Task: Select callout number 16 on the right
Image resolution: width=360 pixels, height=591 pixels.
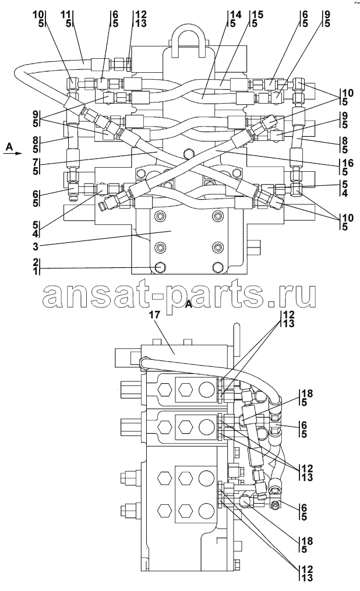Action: [x=348, y=163]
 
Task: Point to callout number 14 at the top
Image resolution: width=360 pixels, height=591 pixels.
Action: [x=235, y=15]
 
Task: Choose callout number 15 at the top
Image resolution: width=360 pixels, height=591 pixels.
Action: [x=258, y=15]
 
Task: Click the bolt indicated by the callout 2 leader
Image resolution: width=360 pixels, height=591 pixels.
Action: [x=160, y=267]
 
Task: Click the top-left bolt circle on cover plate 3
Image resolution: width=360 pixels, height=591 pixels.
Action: [x=160, y=216]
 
